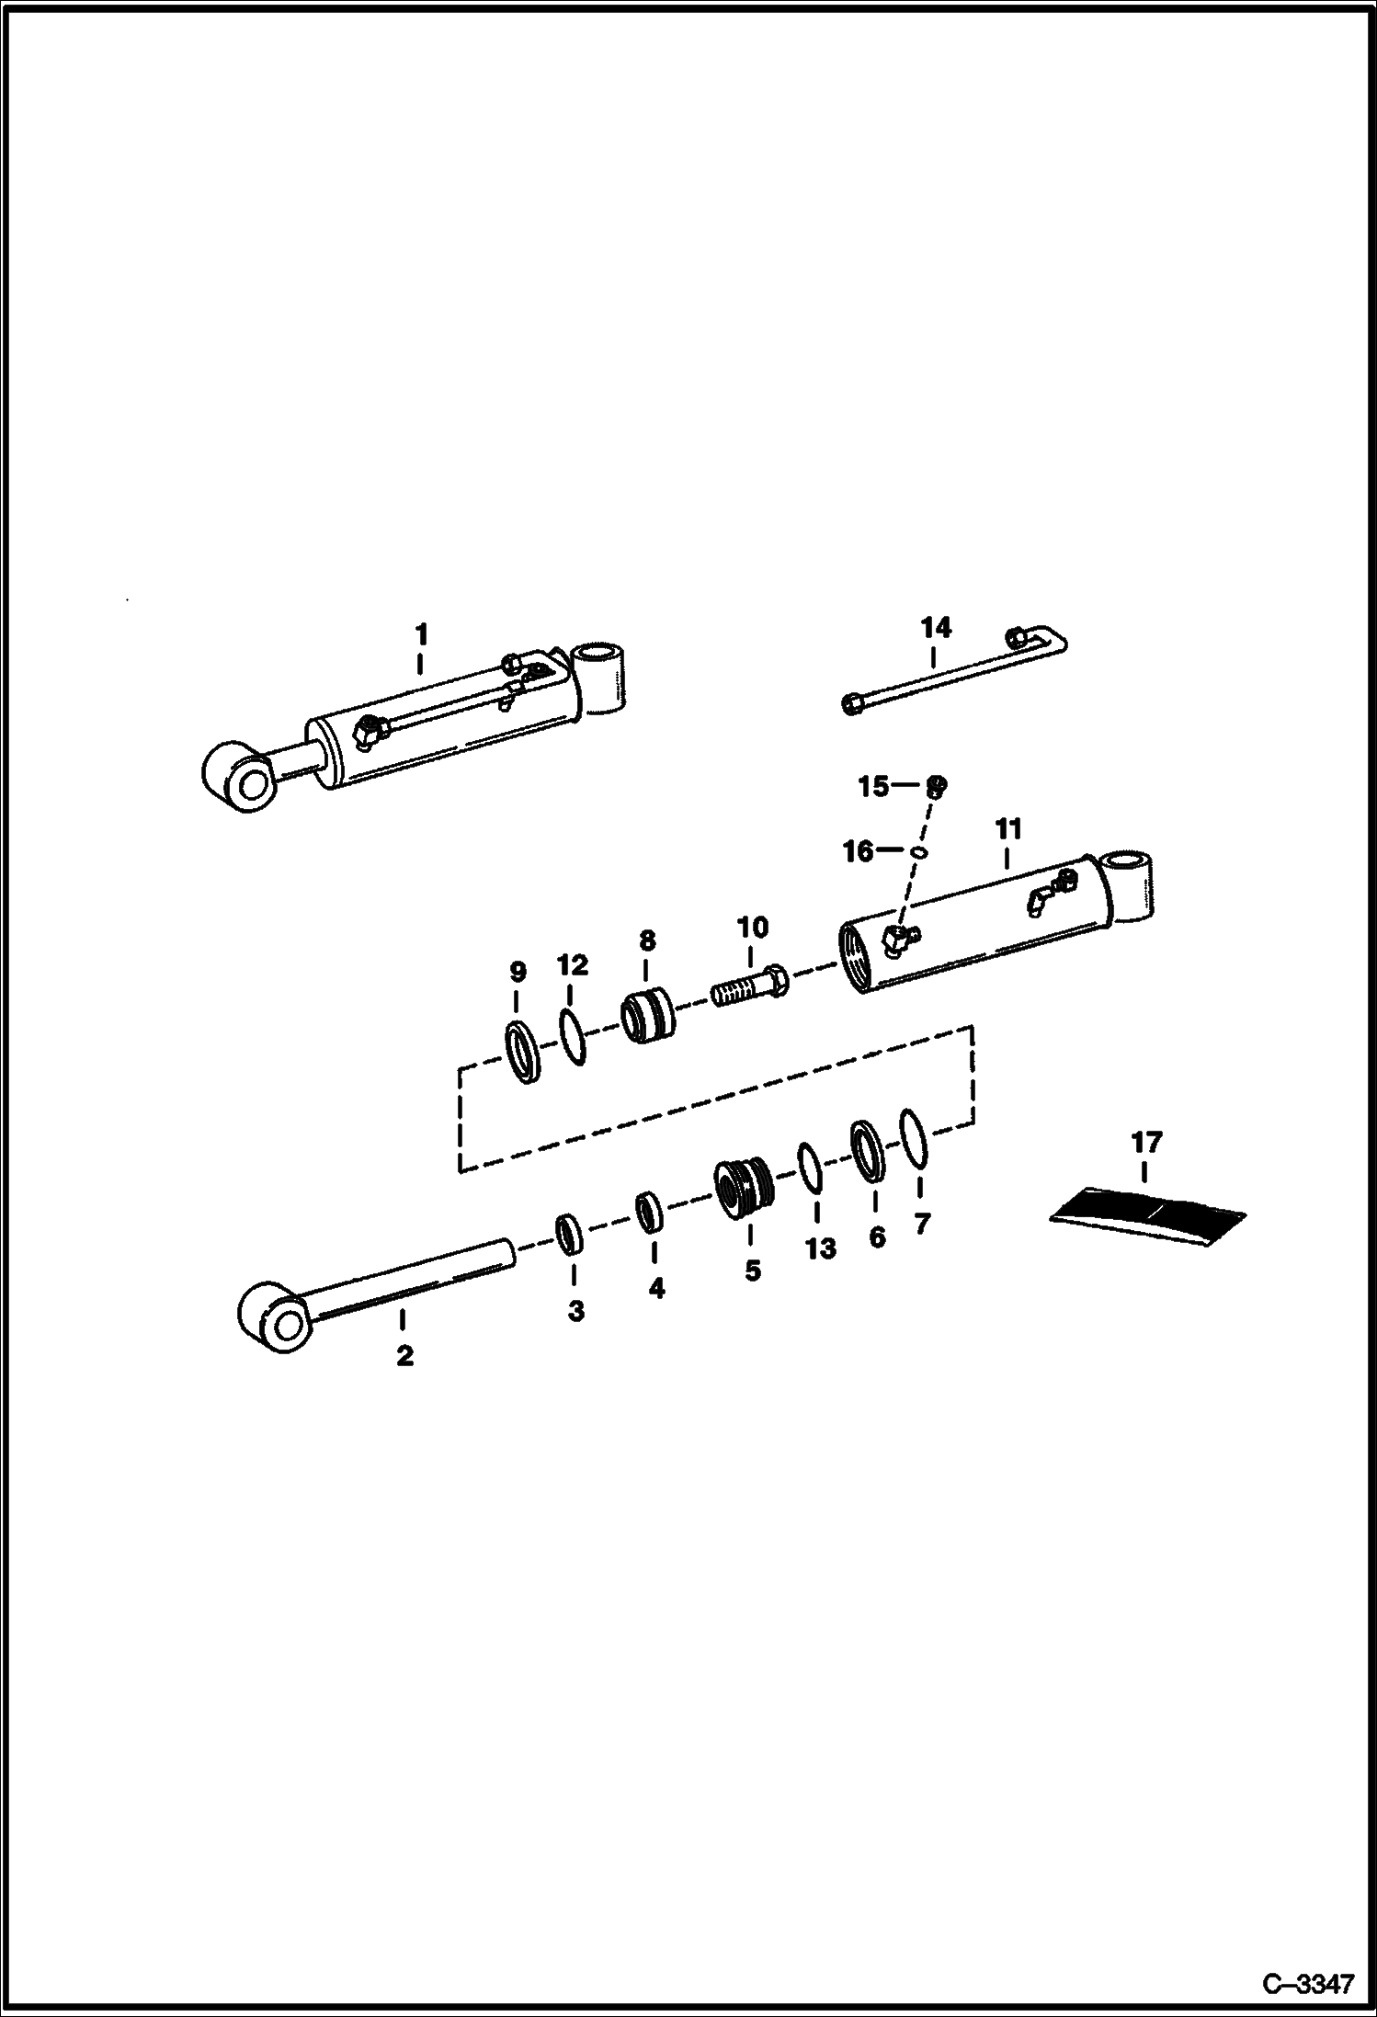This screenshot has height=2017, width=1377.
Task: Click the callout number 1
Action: click(421, 634)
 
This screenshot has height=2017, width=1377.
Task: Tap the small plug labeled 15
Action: click(937, 786)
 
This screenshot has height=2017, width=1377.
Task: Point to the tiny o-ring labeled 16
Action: click(918, 852)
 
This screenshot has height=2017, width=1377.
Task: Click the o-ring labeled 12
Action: click(571, 1037)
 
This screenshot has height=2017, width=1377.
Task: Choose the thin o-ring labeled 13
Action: click(810, 1168)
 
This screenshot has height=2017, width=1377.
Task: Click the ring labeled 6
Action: click(867, 1149)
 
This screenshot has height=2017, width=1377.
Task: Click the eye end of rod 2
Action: click(272, 1317)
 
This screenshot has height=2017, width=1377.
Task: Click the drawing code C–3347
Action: click(1308, 1983)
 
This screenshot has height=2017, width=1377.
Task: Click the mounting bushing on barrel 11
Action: click(1132, 884)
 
